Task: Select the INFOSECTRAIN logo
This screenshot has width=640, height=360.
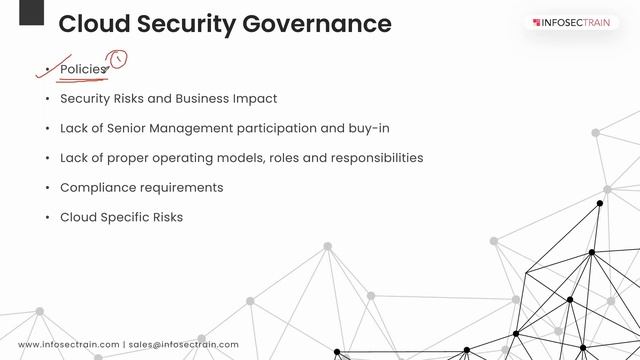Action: (x=576, y=22)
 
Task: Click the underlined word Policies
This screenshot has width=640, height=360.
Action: (x=82, y=69)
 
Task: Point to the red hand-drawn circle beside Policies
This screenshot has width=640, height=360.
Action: (x=119, y=60)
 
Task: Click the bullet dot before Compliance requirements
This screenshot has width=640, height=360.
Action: (x=46, y=188)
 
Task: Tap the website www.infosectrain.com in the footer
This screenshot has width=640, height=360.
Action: (x=68, y=345)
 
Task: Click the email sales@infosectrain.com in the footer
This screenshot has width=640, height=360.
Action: (x=184, y=345)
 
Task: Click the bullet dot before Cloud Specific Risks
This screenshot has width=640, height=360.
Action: (x=46, y=217)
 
